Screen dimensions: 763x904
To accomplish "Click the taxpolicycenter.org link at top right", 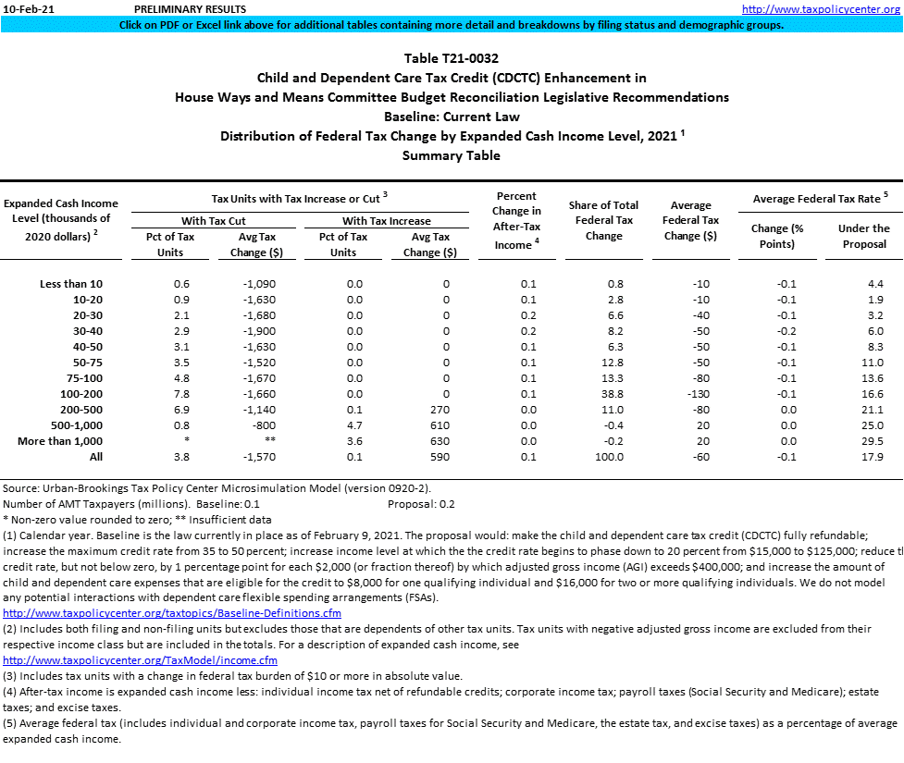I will [822, 9].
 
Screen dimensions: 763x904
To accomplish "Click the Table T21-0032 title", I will [452, 58].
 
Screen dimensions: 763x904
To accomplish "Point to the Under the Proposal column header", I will [863, 236].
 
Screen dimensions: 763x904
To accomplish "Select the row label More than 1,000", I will [60, 441].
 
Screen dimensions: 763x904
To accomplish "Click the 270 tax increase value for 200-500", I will [440, 410].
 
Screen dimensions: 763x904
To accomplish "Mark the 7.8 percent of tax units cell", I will [182, 394].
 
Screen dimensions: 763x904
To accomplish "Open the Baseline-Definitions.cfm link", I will [172, 613].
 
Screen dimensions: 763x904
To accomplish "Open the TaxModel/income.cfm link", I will [141, 660].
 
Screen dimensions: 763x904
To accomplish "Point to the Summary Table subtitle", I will [452, 155].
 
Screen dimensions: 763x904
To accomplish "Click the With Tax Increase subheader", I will [386, 221].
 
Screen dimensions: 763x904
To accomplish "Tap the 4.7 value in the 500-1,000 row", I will [354, 425].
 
